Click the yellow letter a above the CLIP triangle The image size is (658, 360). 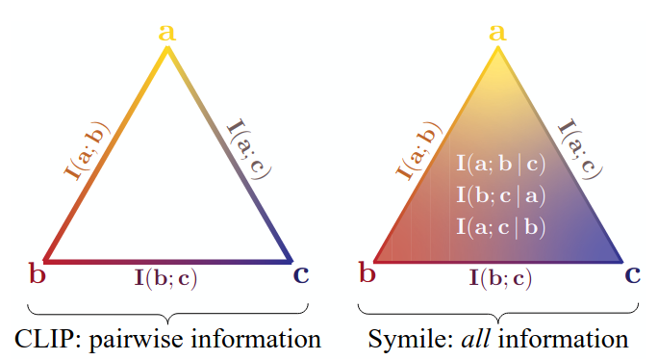tap(167, 33)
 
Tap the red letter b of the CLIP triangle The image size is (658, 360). tap(37, 273)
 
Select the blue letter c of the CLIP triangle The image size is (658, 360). tap(301, 275)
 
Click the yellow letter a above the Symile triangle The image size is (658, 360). tap(497, 33)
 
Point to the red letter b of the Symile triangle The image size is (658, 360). tap(367, 272)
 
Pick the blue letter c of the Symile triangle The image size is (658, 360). tap(632, 274)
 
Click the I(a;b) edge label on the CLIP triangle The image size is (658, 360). tap(87, 151)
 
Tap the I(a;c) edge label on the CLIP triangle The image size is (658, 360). tap(249, 149)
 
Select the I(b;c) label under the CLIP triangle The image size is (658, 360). tap(165, 278)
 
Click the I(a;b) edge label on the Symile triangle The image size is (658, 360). tap(418, 151)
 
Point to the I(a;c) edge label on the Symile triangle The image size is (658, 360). tap(580, 149)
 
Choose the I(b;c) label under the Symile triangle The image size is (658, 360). tap(500, 278)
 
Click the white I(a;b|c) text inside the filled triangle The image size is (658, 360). tap(500, 164)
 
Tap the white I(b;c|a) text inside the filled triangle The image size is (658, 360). tap(500, 195)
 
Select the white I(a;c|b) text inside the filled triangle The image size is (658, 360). tap(500, 227)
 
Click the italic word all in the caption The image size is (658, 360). tap(475, 339)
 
